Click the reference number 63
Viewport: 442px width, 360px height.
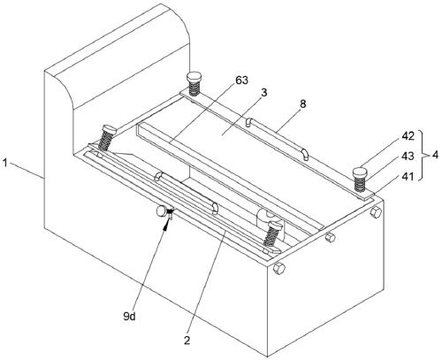(x=241, y=80)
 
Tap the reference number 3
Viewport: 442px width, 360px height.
(x=264, y=92)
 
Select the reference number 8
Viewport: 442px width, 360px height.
(x=302, y=104)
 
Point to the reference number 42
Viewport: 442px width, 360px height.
(x=408, y=136)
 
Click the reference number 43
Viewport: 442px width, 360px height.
(x=408, y=157)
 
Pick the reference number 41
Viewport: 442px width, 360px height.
(x=408, y=176)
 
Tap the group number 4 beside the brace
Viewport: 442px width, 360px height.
(x=435, y=155)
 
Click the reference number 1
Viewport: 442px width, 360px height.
(x=5, y=163)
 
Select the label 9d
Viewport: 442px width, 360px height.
(x=129, y=317)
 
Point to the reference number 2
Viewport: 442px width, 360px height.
(x=187, y=341)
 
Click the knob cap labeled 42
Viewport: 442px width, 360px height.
(x=360, y=172)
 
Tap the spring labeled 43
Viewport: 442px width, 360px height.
(x=359, y=184)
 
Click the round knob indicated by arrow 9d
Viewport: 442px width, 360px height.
(x=162, y=211)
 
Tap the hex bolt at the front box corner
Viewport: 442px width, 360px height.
(x=278, y=268)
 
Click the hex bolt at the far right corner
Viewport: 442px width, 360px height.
(x=376, y=211)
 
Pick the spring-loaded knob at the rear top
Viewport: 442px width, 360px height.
(x=194, y=83)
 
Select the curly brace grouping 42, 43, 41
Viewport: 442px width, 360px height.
(x=423, y=155)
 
